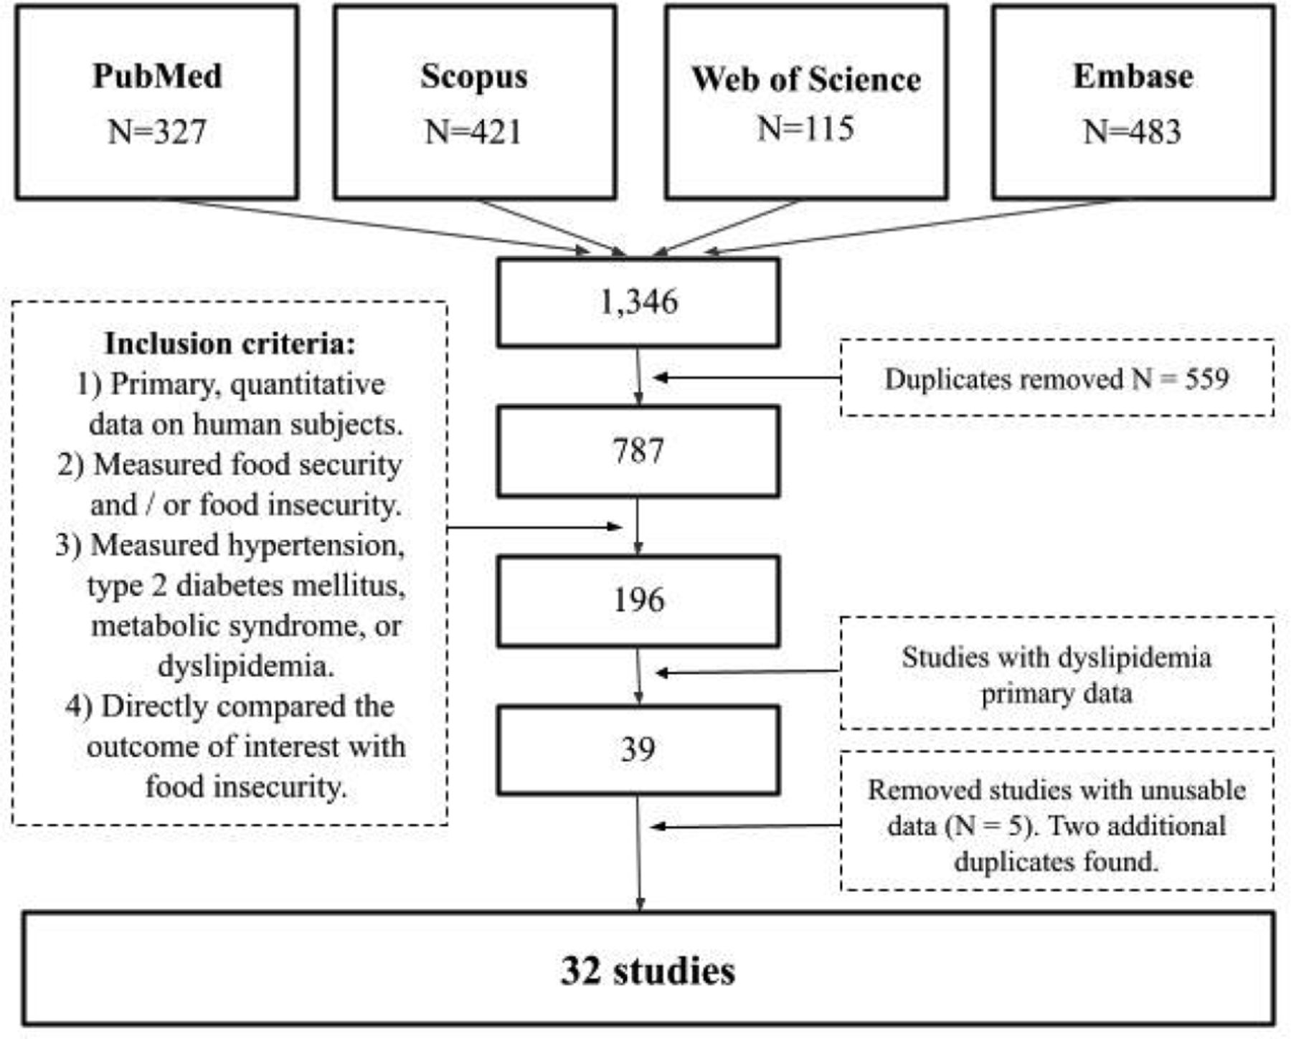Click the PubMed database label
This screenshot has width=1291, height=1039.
(x=157, y=76)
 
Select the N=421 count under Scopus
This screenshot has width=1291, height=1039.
(x=473, y=132)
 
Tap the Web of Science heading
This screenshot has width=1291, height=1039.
(x=806, y=79)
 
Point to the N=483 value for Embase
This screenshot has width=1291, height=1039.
(x=1132, y=132)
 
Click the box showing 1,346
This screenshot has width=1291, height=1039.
(x=638, y=303)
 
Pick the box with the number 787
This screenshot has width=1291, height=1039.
(x=638, y=452)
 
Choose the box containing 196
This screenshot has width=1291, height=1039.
(x=638, y=601)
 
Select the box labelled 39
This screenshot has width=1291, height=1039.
(x=638, y=750)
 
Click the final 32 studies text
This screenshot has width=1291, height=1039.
(x=648, y=971)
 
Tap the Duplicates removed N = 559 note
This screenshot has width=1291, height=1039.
(x=1056, y=379)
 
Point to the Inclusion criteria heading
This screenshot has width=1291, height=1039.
(x=230, y=343)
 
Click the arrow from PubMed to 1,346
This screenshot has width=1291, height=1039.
(x=383, y=226)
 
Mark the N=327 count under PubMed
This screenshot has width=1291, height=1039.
(x=157, y=132)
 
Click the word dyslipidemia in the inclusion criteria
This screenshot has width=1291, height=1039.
(x=245, y=666)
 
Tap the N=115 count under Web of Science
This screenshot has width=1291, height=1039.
(x=806, y=129)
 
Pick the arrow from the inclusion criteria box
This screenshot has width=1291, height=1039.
(x=534, y=527)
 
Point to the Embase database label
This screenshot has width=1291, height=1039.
(x=1133, y=76)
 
